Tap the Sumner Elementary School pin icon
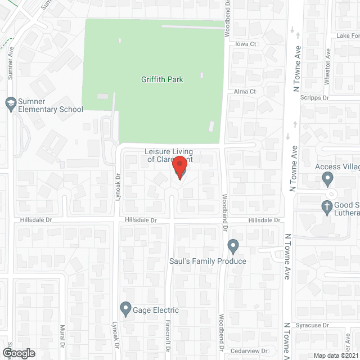click(10, 103)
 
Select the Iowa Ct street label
click(246, 44)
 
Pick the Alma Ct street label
click(245, 91)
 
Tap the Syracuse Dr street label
click(313, 325)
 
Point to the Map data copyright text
click(335, 355)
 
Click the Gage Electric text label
click(156, 310)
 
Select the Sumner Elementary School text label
click(51, 105)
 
